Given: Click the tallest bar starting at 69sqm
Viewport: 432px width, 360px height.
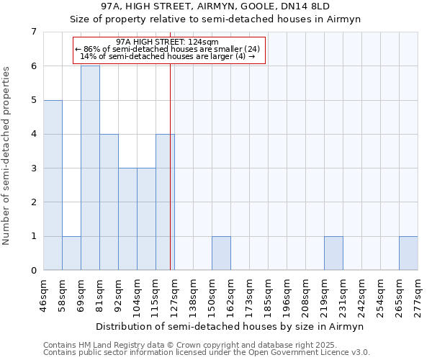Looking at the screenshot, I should pyautogui.click(x=90, y=168).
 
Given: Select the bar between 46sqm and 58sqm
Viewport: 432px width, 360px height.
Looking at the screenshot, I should pyautogui.click(x=53, y=185).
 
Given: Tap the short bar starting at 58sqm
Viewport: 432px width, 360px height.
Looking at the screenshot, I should pyautogui.click(x=71, y=253).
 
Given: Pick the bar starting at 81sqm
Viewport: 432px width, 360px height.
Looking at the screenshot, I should pyautogui.click(x=109, y=202).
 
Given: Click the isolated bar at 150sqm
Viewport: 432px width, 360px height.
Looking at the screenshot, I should pyautogui.click(x=221, y=253).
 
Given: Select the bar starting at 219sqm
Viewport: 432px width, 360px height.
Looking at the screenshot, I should pyautogui.click(x=333, y=253).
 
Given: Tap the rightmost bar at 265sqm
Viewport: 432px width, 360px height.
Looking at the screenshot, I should pyautogui.click(x=408, y=253).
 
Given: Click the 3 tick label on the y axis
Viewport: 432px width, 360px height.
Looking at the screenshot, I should pyautogui.click(x=33, y=168).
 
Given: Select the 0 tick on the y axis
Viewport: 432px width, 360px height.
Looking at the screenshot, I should pyautogui.click(x=33, y=271).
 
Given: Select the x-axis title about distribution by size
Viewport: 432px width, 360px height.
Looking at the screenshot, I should pyautogui.click(x=230, y=326).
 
